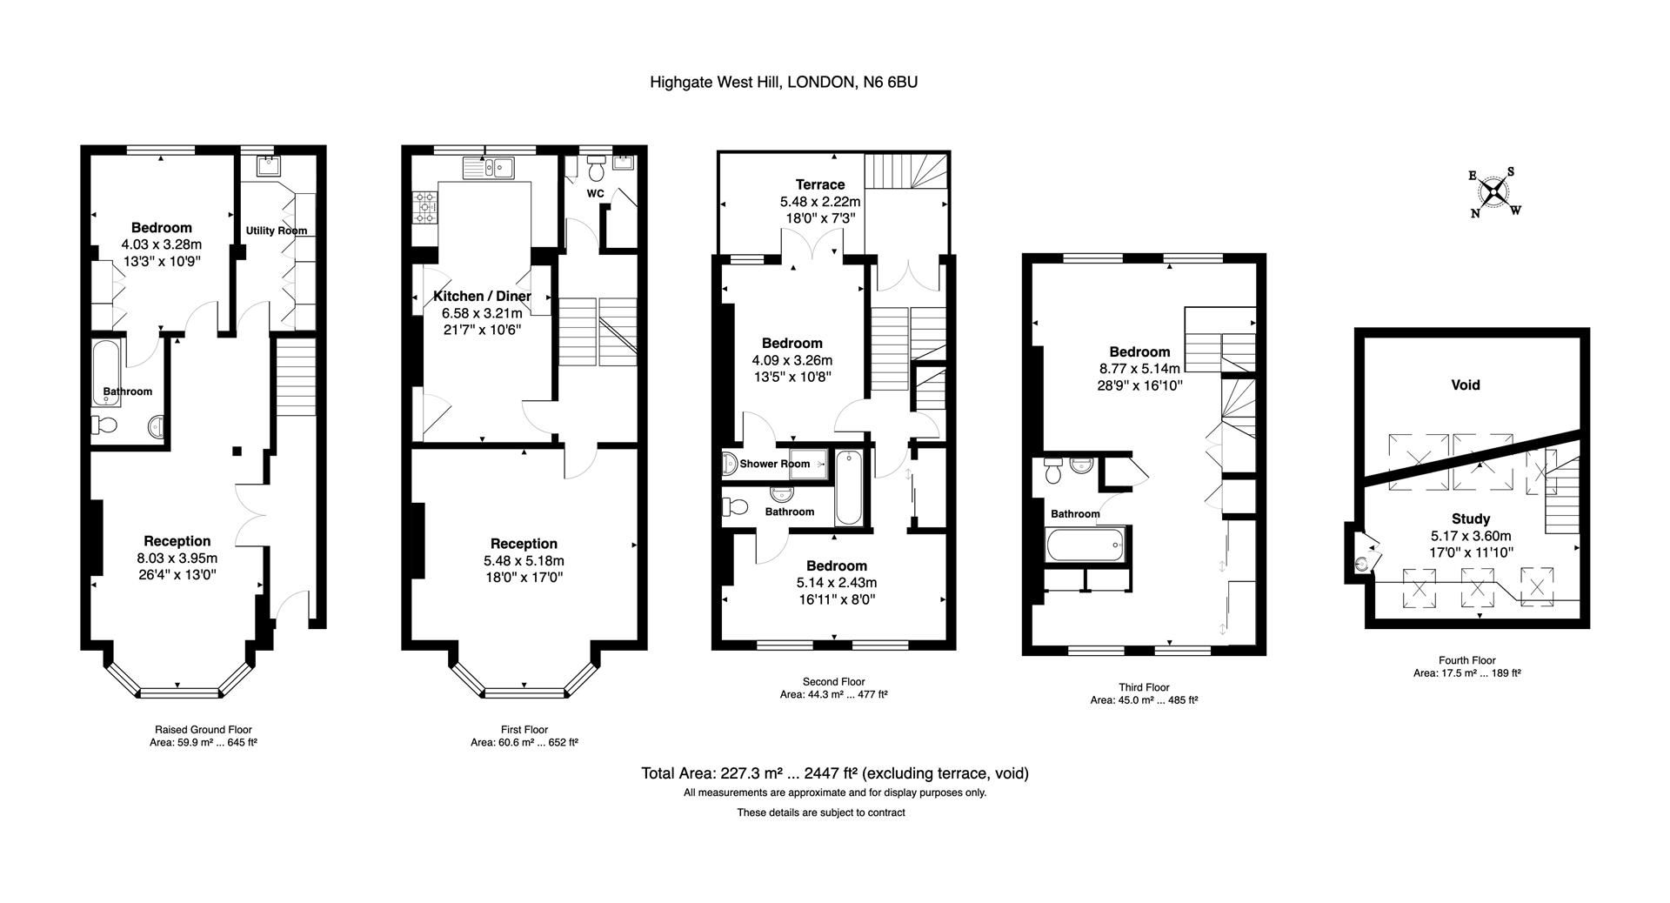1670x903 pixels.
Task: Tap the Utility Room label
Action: click(x=276, y=231)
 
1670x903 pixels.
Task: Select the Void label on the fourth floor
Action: click(x=1465, y=385)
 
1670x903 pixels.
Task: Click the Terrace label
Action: click(x=819, y=184)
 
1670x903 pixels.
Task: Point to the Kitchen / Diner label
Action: click(x=482, y=297)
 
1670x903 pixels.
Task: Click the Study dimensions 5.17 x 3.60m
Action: click(x=1471, y=536)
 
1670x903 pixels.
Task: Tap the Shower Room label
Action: click(x=774, y=464)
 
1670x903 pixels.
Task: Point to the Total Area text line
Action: click(x=834, y=773)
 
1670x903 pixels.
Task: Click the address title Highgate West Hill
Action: click(x=783, y=83)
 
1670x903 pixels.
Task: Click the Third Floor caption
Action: click(x=1143, y=687)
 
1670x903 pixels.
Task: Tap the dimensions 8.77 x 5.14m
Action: click(x=1139, y=368)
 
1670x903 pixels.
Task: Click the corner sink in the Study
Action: click(x=1360, y=564)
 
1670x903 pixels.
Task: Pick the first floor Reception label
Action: click(x=524, y=544)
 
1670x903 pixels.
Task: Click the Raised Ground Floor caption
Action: click(x=203, y=730)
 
